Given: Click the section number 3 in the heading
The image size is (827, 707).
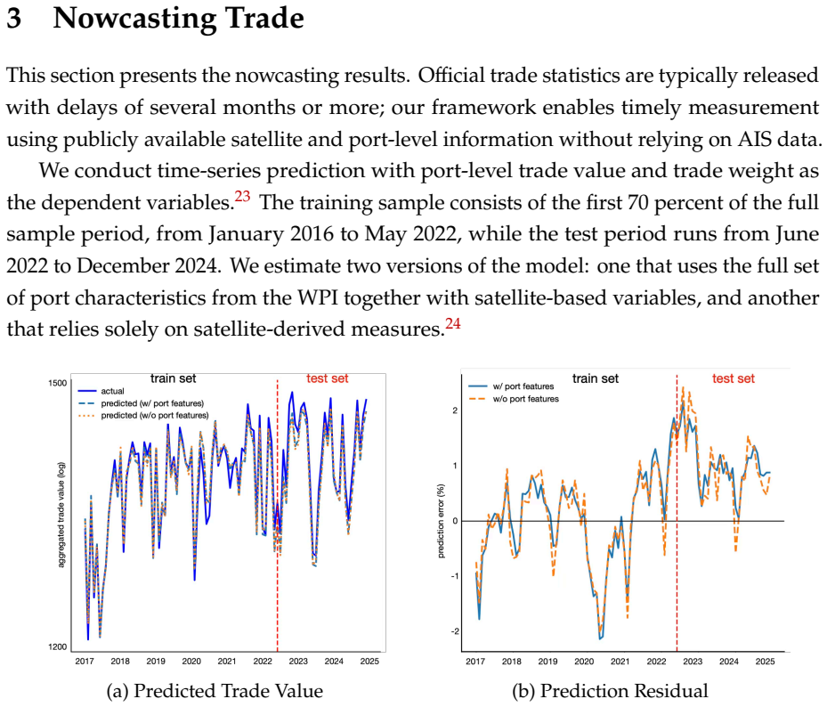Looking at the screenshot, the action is [x=14, y=18].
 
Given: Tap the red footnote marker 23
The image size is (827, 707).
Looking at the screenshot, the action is [x=243, y=196].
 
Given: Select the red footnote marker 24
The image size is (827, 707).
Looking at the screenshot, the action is [x=453, y=323].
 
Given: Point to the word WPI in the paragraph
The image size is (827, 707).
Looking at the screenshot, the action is [x=319, y=297].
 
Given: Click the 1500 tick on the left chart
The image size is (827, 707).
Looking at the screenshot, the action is [x=58, y=383].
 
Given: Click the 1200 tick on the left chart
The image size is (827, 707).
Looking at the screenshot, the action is [x=58, y=646].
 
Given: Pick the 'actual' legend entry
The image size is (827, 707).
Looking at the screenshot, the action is [x=101, y=391].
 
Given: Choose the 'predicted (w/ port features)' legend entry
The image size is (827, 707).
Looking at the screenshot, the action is [x=141, y=403].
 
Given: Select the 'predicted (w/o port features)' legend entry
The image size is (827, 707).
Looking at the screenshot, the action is [x=143, y=415].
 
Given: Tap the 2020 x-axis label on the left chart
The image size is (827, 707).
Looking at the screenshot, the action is [x=191, y=661].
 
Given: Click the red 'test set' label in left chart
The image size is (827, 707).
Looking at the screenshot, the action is [x=328, y=378].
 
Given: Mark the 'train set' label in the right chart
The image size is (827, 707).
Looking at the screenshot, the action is [x=596, y=378].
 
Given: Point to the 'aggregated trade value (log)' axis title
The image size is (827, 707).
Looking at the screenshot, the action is [x=61, y=515].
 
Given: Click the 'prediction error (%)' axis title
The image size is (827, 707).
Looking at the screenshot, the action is [x=441, y=521].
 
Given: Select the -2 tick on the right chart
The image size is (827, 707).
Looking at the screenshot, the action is [x=455, y=631].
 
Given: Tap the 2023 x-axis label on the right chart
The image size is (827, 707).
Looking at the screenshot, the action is [x=693, y=661].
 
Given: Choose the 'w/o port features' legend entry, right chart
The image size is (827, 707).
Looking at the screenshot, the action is [x=514, y=399].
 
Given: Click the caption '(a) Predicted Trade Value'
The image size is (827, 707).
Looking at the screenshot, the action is [x=215, y=691].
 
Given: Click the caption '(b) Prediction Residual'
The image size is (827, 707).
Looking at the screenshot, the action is [x=610, y=691].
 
